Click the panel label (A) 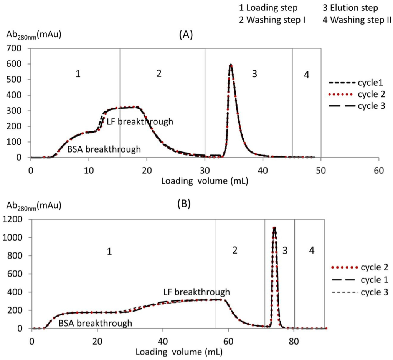(x=186, y=35)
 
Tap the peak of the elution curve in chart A (x=230, y=65)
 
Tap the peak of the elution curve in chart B (x=274, y=227)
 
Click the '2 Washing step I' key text (x=272, y=20)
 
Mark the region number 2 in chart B (x=235, y=251)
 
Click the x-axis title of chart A (x=204, y=181)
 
